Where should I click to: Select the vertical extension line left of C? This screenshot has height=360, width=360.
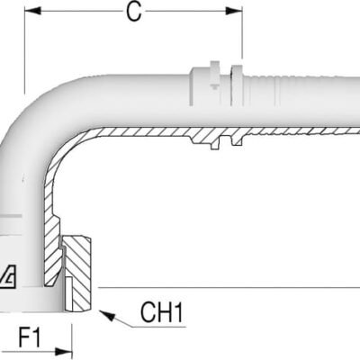(x=25, y=54)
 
